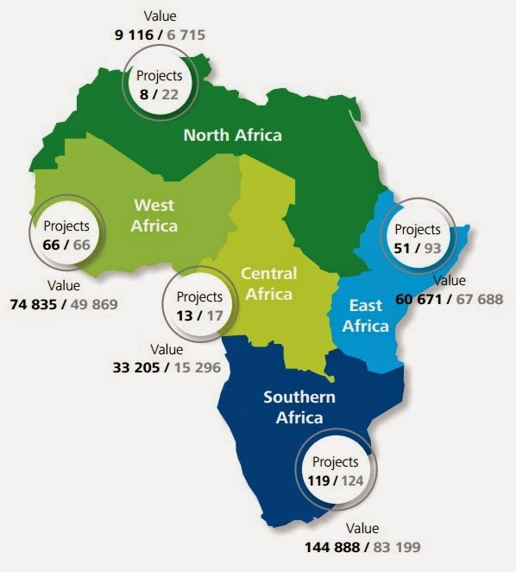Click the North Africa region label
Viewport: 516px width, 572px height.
(x=232, y=135)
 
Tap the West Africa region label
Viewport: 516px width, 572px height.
(x=154, y=215)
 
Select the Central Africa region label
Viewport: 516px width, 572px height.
(x=268, y=283)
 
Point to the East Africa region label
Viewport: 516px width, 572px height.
(x=366, y=315)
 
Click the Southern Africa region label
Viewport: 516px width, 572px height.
(x=300, y=408)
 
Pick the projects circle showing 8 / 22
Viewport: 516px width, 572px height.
(x=160, y=85)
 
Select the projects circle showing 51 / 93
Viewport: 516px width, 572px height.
(x=417, y=238)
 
